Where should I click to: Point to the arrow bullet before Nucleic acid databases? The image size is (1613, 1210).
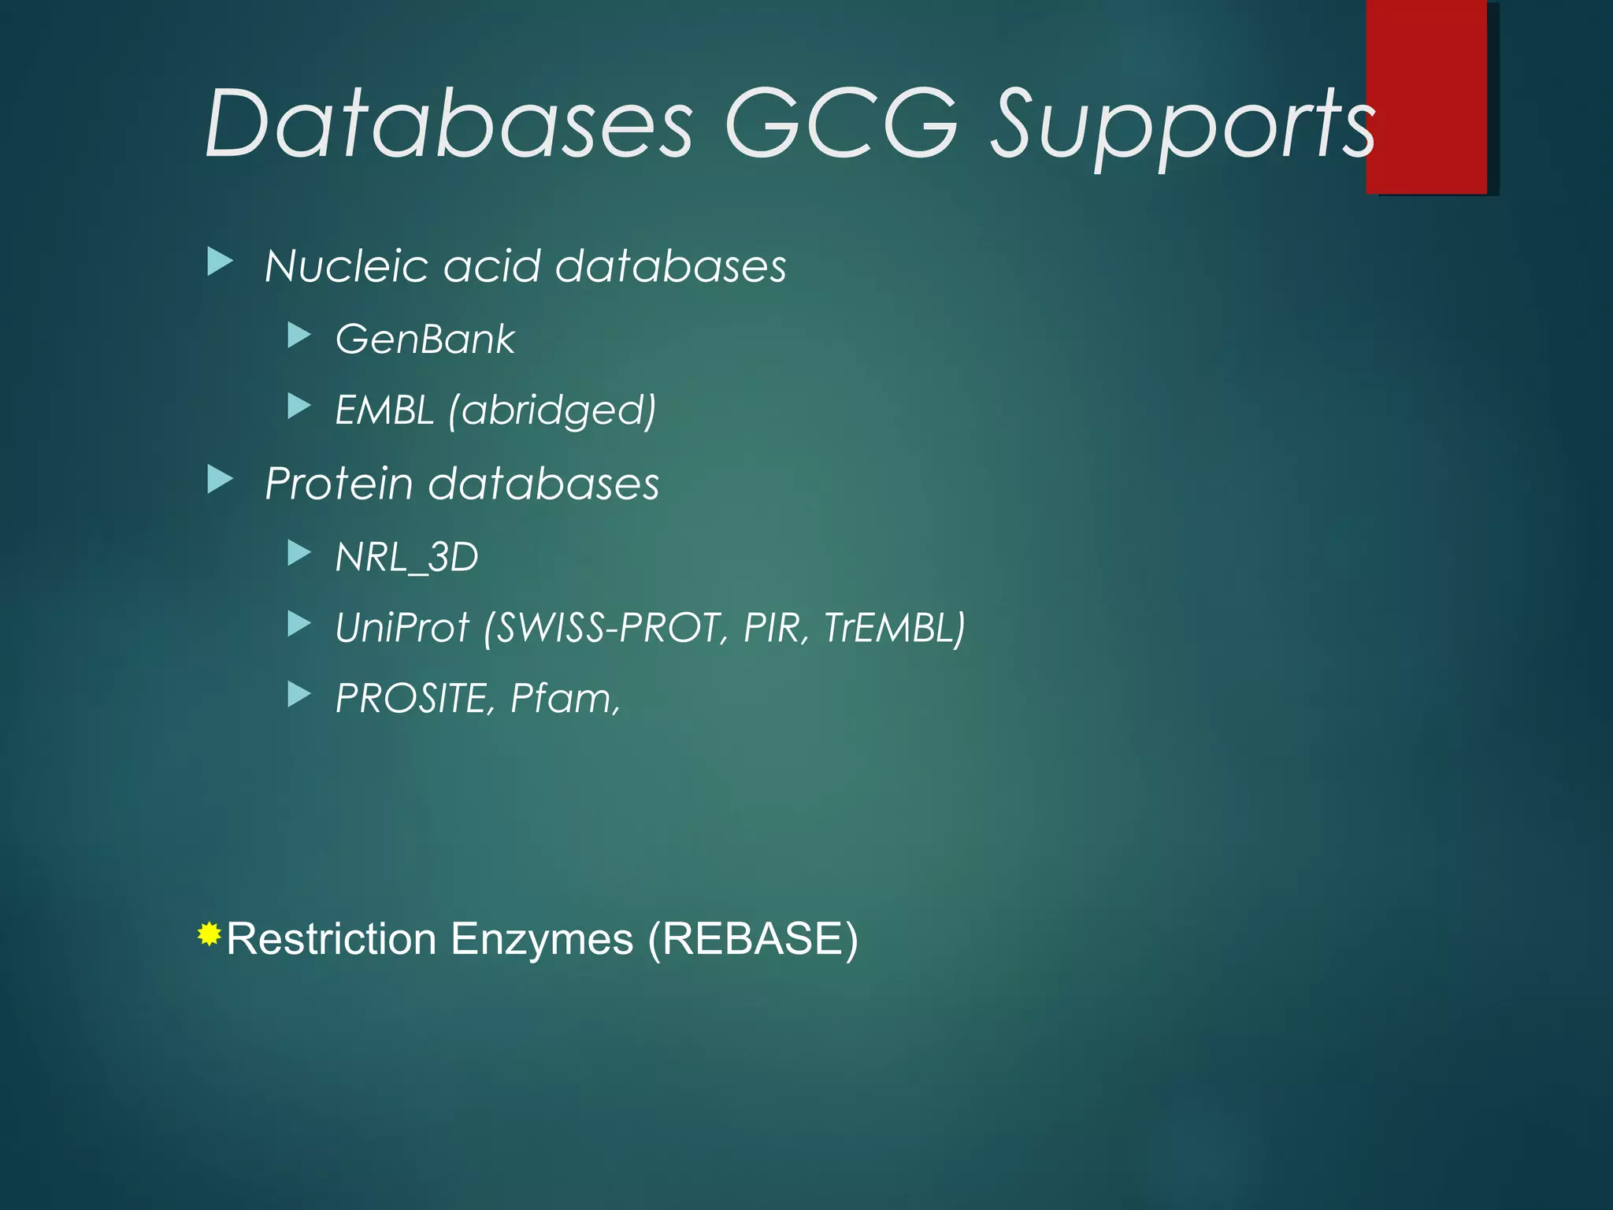(221, 262)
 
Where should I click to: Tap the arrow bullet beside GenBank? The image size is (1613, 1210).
(299, 336)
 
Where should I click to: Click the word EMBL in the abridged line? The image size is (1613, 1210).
(384, 410)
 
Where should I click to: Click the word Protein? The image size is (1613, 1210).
(339, 483)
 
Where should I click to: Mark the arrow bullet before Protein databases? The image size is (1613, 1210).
(221, 479)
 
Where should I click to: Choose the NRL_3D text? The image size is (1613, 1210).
(406, 557)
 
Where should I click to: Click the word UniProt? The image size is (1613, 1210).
(402, 628)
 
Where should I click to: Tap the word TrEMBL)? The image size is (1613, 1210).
(894, 628)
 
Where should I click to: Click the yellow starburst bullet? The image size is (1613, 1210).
(209, 934)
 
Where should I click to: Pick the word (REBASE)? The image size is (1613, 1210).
(752, 939)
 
